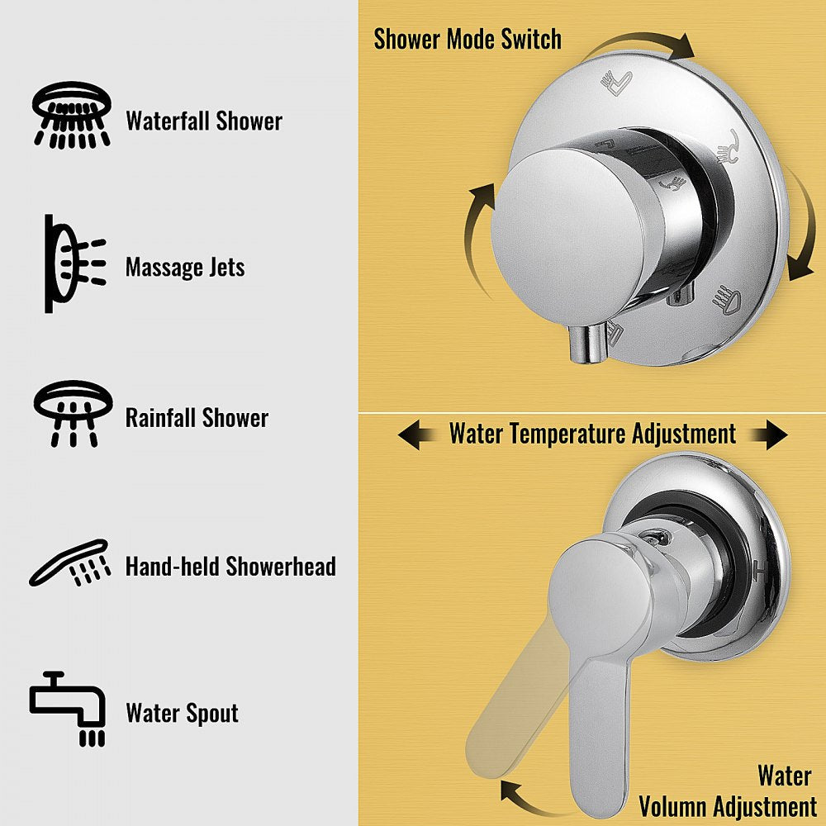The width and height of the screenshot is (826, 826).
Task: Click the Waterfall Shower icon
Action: (71, 114)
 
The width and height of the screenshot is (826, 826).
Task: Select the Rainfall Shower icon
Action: (72, 413)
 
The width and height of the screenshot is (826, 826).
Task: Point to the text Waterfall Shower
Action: (204, 121)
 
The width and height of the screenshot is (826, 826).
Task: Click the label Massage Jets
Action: (185, 268)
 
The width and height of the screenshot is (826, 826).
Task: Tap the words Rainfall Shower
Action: (197, 417)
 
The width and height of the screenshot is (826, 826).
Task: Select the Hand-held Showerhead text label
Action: (230, 567)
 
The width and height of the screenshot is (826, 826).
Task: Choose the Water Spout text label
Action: (182, 713)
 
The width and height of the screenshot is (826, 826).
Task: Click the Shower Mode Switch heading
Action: (467, 39)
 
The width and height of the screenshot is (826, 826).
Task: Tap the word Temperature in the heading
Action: (596, 434)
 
